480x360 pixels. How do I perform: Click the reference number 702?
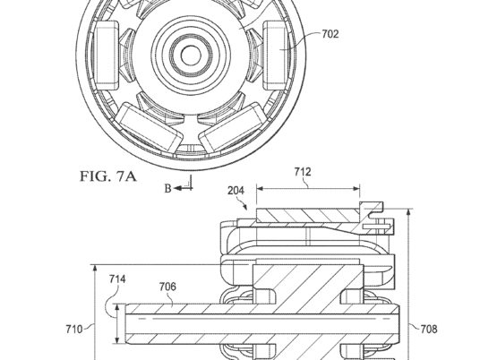tap(330, 34)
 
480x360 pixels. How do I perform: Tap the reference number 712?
tap(303, 172)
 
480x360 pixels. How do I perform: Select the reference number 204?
tap(236, 191)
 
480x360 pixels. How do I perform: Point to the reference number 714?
tap(117, 279)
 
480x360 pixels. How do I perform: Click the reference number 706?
tap(167, 287)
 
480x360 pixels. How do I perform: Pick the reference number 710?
tap(74, 330)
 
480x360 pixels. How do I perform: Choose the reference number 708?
tap(429, 329)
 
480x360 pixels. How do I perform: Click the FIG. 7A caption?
tap(108, 176)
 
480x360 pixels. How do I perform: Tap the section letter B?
tap(167, 188)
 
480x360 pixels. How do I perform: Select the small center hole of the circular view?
tap(191, 56)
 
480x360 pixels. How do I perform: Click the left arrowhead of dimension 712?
tap(260, 189)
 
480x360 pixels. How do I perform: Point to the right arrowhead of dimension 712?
tap(356, 189)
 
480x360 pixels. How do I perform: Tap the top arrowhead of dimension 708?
tap(409, 212)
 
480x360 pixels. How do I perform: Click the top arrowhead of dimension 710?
tap(95, 269)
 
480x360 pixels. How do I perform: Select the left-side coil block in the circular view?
tap(107, 56)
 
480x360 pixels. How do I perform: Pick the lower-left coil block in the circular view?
tap(149, 129)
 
